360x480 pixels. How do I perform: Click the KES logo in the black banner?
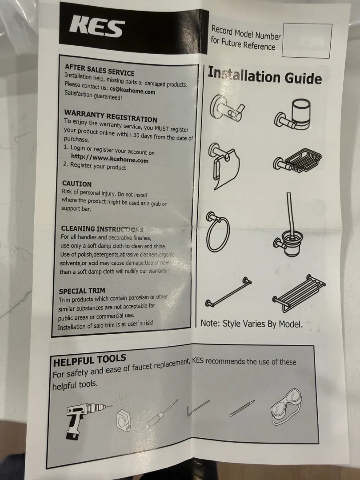point(97,27)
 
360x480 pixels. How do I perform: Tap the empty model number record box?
point(307,40)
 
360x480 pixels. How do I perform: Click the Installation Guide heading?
point(265,76)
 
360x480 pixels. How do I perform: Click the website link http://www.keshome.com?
point(110,158)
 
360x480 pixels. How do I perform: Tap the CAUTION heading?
point(77,184)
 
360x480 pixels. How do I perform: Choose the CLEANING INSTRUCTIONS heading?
point(102,229)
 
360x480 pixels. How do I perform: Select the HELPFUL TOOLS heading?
point(89,360)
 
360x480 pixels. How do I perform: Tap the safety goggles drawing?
point(287,407)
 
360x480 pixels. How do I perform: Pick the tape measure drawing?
point(124,421)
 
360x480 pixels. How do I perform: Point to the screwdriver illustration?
point(161,414)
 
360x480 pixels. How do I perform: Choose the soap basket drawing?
point(297,161)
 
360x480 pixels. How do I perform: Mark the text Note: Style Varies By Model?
point(251,324)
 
